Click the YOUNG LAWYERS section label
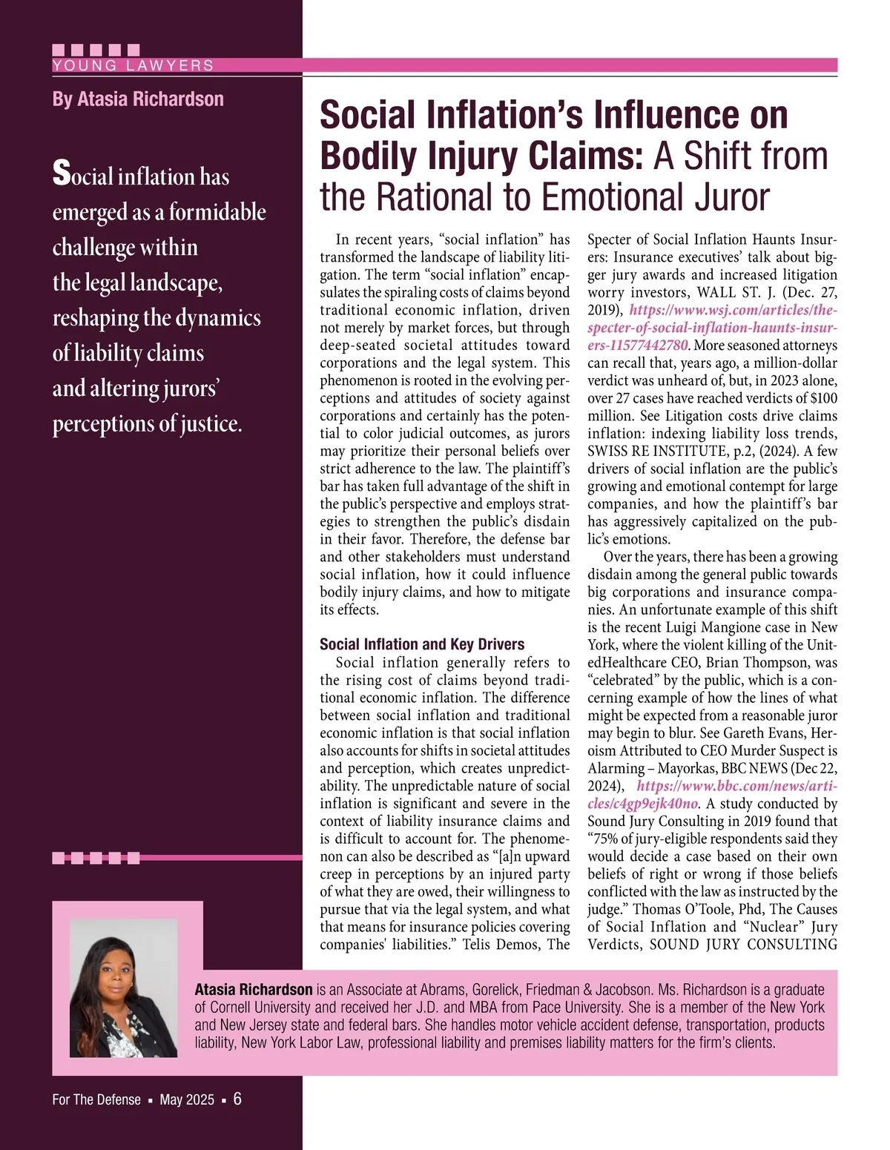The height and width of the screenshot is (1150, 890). [133, 65]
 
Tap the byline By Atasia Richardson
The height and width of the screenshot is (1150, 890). [138, 99]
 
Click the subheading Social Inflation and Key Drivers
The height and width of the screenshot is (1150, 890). [422, 644]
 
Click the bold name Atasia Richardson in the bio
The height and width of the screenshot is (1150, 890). [254, 990]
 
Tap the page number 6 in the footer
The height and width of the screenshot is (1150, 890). [237, 1099]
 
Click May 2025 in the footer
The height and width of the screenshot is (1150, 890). [187, 1100]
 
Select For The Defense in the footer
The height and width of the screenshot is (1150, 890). [96, 1100]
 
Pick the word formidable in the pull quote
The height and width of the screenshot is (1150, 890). [217, 213]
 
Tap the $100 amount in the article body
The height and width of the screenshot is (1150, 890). [823, 398]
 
